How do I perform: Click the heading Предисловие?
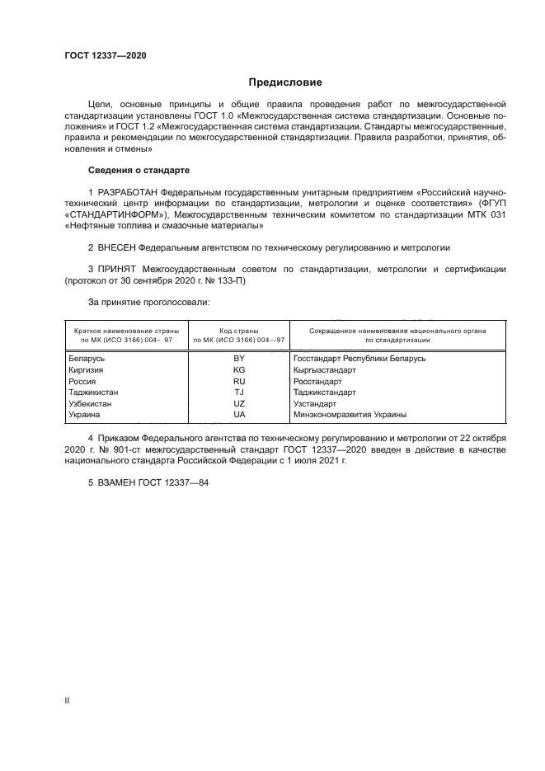click(285, 82)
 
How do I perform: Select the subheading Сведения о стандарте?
click(139, 170)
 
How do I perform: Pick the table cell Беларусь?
click(87, 358)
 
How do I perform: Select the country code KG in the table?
click(239, 369)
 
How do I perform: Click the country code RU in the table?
click(239, 381)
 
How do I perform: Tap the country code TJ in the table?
click(239, 393)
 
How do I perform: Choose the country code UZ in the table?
click(239, 404)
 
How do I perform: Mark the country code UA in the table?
click(239, 415)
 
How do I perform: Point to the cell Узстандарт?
click(315, 404)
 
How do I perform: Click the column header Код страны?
click(239, 330)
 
